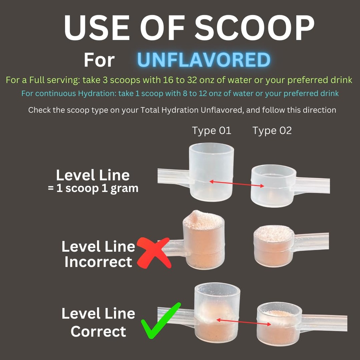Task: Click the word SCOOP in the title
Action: coord(255,28)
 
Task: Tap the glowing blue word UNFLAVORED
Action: coord(204,60)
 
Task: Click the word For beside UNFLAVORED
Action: coord(99,60)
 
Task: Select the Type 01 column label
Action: coord(211,131)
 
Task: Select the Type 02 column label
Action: coord(272,131)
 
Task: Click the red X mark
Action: coord(154,252)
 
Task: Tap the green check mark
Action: coord(161,321)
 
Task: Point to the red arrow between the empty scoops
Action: coord(237,184)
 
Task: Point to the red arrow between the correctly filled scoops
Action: coord(244,322)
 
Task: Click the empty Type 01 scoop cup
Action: coord(211,172)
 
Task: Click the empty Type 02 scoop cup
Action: coord(273,186)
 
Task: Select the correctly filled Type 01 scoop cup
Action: coord(217,312)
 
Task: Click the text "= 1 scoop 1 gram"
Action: coord(93,188)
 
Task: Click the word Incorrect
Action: coord(98,262)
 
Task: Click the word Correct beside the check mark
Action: coord(98,331)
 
